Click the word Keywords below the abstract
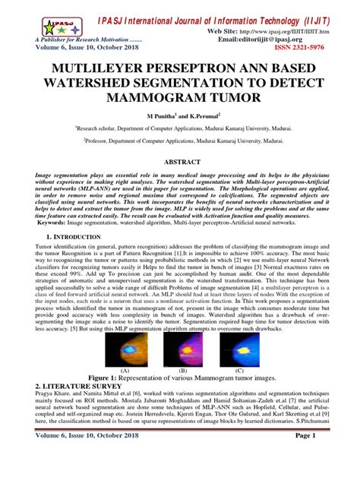pos(52,243)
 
